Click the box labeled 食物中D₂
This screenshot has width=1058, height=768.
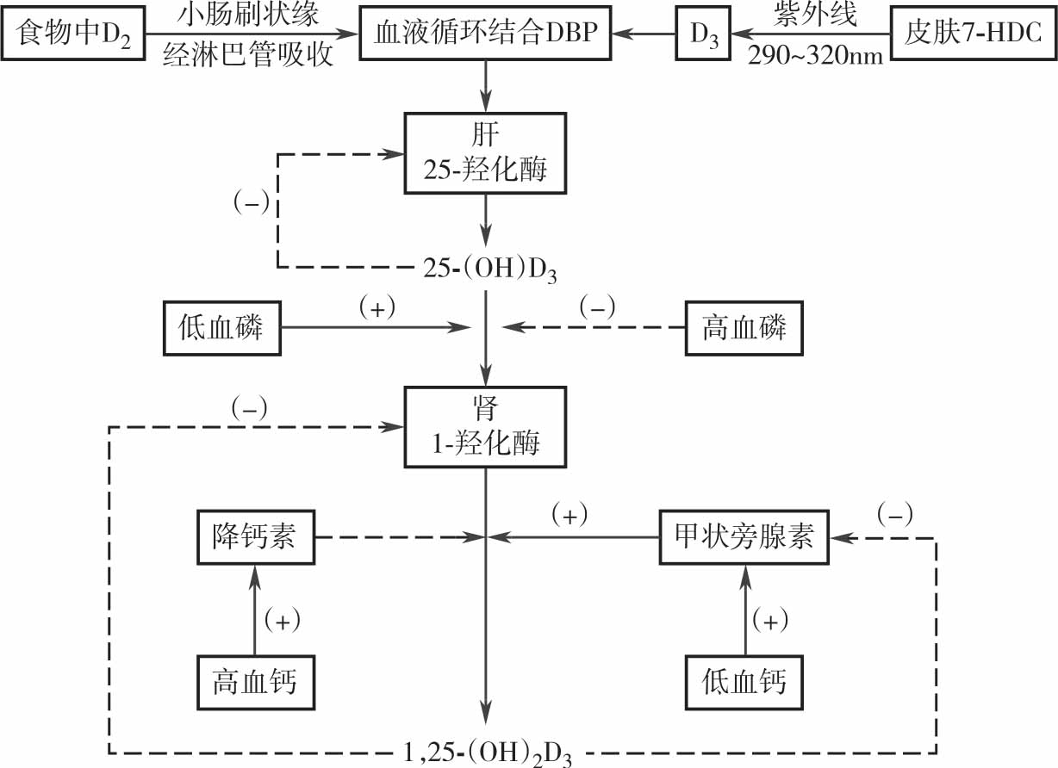pos(73,35)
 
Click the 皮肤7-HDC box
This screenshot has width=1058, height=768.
pos(972,35)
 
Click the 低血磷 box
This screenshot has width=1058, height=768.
pos(222,328)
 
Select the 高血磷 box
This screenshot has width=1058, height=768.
pos(744,328)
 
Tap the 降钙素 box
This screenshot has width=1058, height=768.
pos(253,536)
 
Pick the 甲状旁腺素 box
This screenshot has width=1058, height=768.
pos(742,536)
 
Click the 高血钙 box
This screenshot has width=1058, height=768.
pos(254,681)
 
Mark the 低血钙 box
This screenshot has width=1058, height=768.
pos(744,681)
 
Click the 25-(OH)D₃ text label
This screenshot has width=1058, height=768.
pos(489,269)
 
